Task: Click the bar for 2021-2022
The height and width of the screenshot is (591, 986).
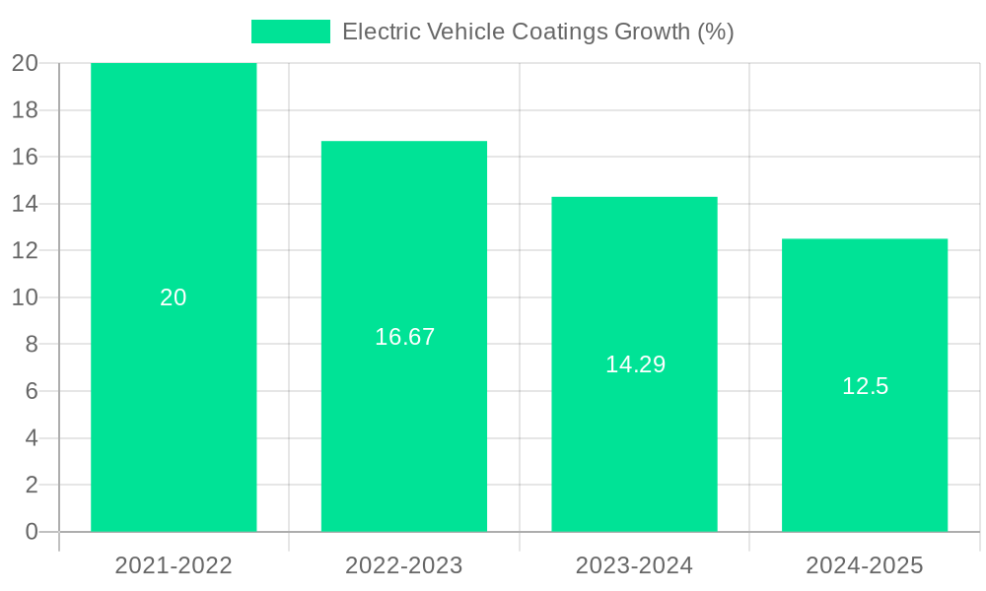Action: pyautogui.click(x=174, y=197)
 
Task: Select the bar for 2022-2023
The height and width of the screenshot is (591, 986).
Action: pyautogui.click(x=404, y=246)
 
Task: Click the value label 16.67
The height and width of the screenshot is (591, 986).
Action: pyautogui.click(x=404, y=337)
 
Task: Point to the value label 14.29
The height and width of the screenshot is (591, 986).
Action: pyautogui.click(x=635, y=364)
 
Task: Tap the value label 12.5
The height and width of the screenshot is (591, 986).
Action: pyautogui.click(x=865, y=386)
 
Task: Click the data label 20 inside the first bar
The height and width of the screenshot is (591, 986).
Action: pyautogui.click(x=174, y=297)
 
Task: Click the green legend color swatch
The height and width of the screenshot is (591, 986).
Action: pyautogui.click(x=291, y=32)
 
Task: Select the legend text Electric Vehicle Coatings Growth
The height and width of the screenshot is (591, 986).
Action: pyautogui.click(x=537, y=32)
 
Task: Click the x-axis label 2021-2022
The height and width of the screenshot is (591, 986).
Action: pyautogui.click(x=174, y=565)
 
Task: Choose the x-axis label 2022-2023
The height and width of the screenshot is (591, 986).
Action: pyautogui.click(x=404, y=565)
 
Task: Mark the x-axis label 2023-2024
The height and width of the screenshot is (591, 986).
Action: pyautogui.click(x=634, y=565)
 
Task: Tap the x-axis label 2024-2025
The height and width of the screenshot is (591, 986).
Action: pyautogui.click(x=865, y=565)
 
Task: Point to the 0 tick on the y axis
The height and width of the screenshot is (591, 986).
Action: pyautogui.click(x=31, y=532)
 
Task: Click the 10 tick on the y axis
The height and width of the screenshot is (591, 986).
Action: pyautogui.click(x=25, y=297)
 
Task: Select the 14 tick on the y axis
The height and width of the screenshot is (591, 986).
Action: pyautogui.click(x=25, y=204)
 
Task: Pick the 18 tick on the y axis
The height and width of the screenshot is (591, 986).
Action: pyautogui.click(x=25, y=110)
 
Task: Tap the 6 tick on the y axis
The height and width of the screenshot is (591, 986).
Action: pyautogui.click(x=31, y=391)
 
